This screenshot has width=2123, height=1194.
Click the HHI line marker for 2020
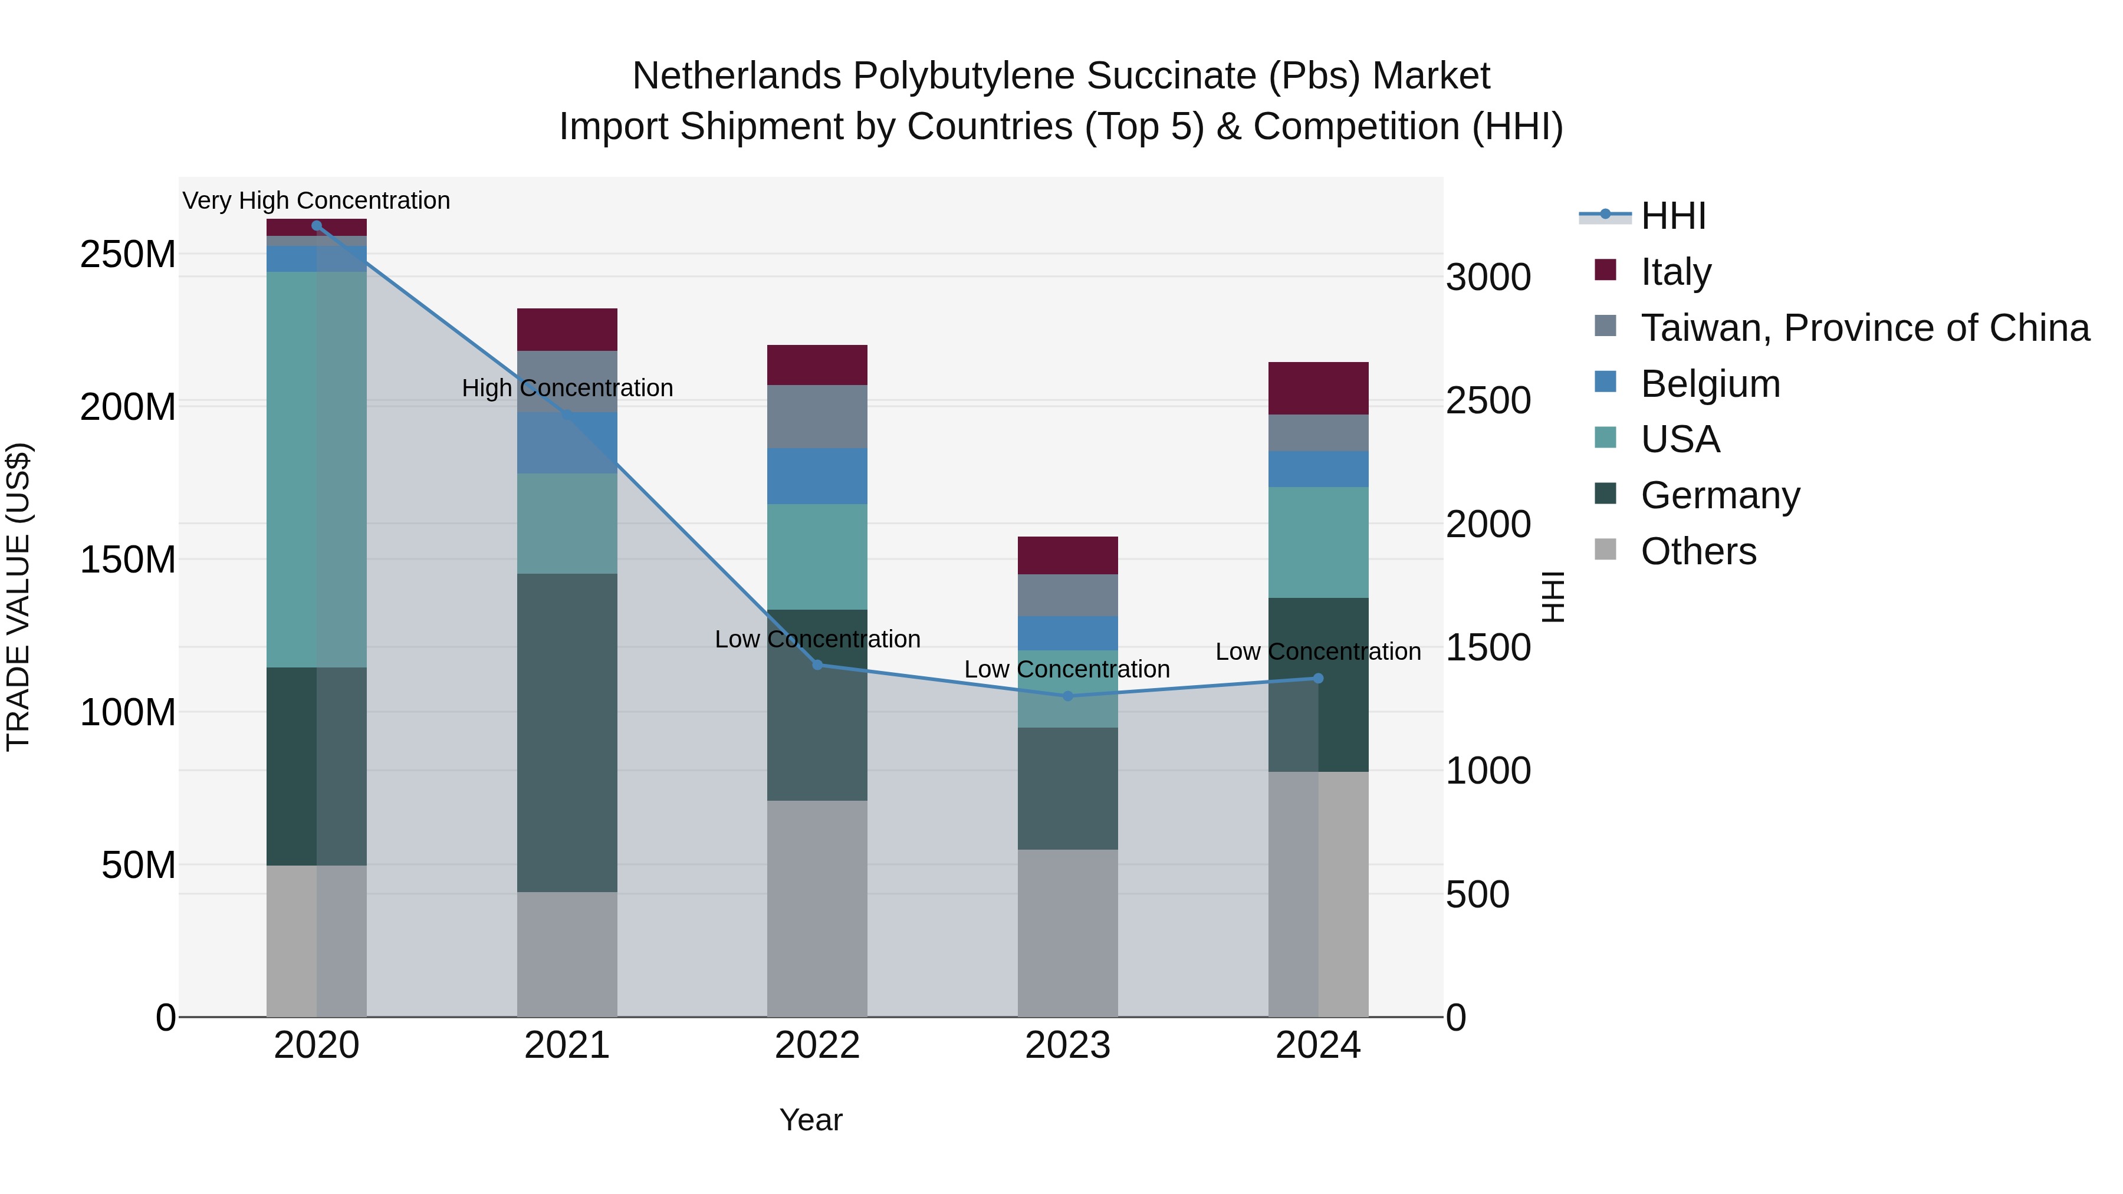[x=317, y=225]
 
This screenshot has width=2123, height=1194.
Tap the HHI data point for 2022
[x=817, y=665]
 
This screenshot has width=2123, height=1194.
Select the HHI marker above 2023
[x=1068, y=696]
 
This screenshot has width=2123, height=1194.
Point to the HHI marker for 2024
[x=1318, y=678]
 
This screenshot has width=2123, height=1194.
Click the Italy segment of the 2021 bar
[x=567, y=330]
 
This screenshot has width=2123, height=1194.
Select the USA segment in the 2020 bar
[x=317, y=470]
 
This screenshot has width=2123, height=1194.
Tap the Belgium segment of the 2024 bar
[x=1318, y=469]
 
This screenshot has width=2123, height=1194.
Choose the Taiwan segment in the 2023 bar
[x=1068, y=595]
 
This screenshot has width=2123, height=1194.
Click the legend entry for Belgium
[x=1710, y=384]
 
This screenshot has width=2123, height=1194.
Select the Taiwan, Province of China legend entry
[x=1864, y=328]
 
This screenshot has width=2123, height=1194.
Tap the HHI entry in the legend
[x=1672, y=216]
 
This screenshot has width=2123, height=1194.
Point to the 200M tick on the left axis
[x=128, y=407]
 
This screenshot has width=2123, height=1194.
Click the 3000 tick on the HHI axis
[x=1488, y=277]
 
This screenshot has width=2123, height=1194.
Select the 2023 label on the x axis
[x=1068, y=1045]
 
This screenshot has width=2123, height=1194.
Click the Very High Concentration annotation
[x=317, y=200]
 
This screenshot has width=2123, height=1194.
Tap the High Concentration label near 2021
[x=567, y=388]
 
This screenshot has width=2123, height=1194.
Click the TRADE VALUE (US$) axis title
[x=18, y=597]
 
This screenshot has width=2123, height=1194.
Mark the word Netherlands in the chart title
[x=738, y=76]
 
